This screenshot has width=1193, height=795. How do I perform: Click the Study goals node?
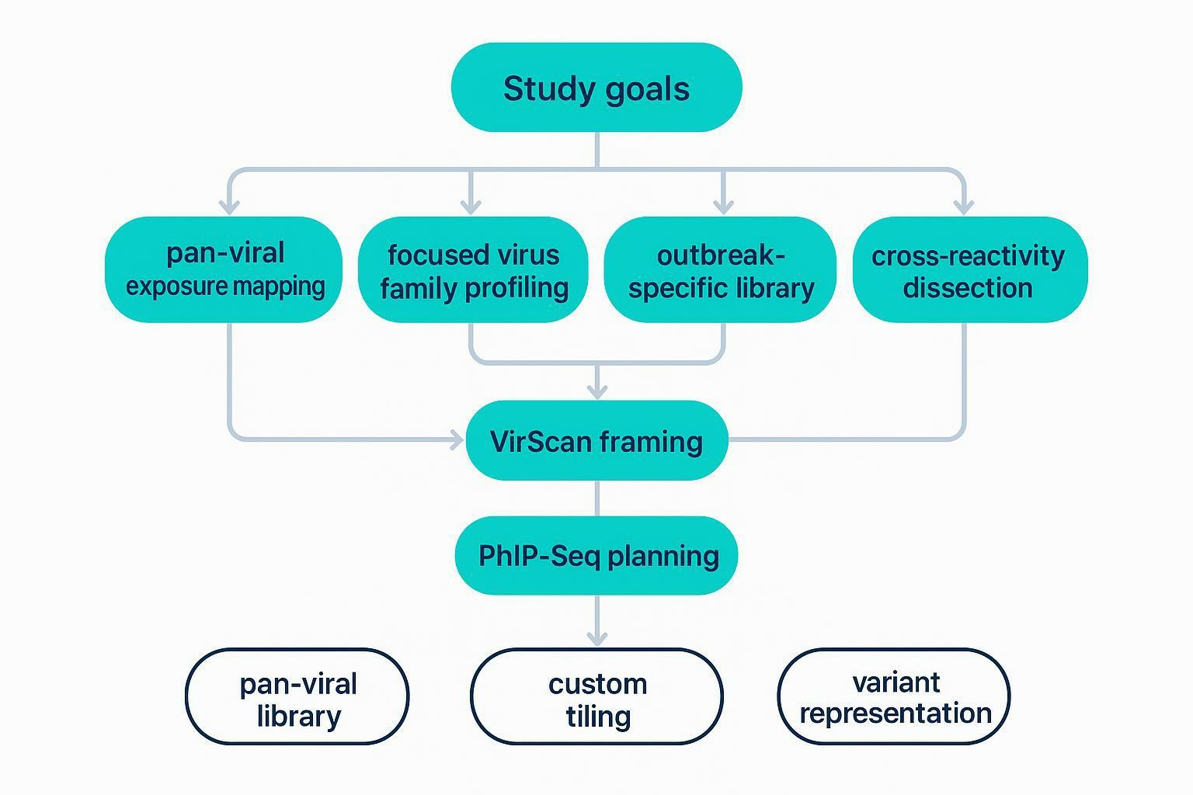tap(596, 88)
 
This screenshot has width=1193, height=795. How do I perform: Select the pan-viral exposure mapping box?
tap(224, 269)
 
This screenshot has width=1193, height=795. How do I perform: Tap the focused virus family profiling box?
tap(473, 269)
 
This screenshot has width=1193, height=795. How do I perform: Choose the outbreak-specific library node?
tap(721, 269)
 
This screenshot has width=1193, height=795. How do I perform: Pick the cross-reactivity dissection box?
tap(969, 269)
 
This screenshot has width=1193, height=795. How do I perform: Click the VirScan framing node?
tap(596, 441)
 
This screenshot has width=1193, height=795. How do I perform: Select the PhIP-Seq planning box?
tap(596, 556)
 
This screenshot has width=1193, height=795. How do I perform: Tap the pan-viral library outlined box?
tap(297, 697)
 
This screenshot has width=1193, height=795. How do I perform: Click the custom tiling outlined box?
tap(596, 697)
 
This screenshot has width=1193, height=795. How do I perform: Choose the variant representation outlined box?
tap(894, 697)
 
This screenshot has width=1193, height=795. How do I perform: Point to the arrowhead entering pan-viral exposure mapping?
tap(228, 207)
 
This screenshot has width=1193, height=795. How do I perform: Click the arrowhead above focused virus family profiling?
tap(470, 207)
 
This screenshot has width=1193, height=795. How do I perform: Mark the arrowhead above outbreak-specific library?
tap(723, 207)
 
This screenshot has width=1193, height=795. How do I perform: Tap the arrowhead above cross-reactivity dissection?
tap(963, 207)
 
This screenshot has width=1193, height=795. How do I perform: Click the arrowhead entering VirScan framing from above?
tap(596, 391)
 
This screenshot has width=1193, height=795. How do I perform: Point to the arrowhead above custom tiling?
tap(596, 638)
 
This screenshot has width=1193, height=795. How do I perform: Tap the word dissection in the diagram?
tap(967, 288)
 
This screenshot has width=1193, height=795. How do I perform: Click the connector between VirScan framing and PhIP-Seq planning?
tap(596, 498)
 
